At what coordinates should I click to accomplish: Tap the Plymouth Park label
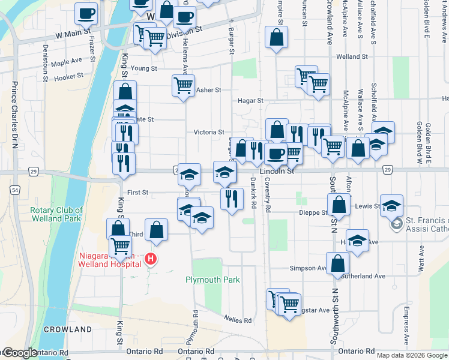click(212, 280)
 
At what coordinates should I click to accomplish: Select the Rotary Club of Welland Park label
click(56, 214)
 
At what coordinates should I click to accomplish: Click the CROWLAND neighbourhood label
click(67, 329)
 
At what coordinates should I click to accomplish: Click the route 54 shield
click(14, 189)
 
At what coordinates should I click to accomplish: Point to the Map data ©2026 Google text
click(412, 355)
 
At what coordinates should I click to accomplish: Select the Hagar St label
click(250, 100)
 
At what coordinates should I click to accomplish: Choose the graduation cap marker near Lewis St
click(391, 205)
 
